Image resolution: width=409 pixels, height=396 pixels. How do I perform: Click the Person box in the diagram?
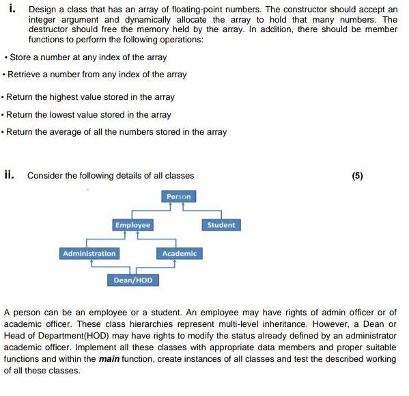[180, 197]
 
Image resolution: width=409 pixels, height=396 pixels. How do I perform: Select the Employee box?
[132, 225]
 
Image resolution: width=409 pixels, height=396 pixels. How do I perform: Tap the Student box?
[221, 225]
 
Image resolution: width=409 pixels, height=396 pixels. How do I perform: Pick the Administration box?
[89, 254]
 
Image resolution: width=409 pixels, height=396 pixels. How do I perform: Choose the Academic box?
[180, 254]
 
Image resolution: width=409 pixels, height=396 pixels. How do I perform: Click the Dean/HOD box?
[133, 280]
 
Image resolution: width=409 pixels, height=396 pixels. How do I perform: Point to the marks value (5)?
[358, 176]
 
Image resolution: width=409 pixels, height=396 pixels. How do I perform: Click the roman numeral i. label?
[13, 10]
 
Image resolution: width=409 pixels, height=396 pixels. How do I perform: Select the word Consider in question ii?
[45, 176]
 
